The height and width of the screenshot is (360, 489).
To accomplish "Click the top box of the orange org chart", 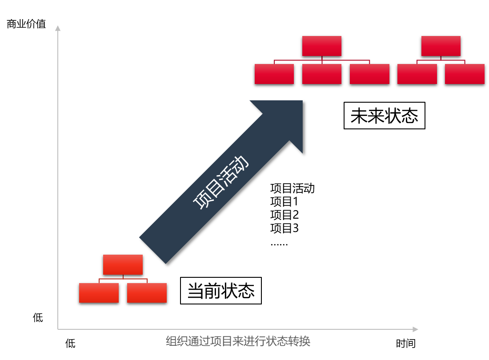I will (123, 264).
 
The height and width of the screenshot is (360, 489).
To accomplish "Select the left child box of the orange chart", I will (99, 293).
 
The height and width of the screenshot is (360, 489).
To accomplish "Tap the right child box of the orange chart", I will (147, 293).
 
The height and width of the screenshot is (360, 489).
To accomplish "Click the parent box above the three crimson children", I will (322, 46).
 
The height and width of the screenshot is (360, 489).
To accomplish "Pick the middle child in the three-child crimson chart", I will (322, 74).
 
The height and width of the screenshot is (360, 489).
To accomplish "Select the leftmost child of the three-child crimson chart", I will (274, 74).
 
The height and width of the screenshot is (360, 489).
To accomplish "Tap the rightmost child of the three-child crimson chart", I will (369, 74).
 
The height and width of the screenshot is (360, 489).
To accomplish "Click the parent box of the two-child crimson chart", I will (441, 46).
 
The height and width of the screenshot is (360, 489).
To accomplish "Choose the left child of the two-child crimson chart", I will (417, 74).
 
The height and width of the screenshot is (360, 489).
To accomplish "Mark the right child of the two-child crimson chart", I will (465, 74).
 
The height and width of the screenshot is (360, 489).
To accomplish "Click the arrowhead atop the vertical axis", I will (58, 28).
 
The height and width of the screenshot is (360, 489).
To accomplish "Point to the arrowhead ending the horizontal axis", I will (415, 329).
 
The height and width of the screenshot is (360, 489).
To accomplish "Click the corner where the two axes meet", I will (58, 329).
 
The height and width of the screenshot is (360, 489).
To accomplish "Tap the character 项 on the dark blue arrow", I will (203, 199).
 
